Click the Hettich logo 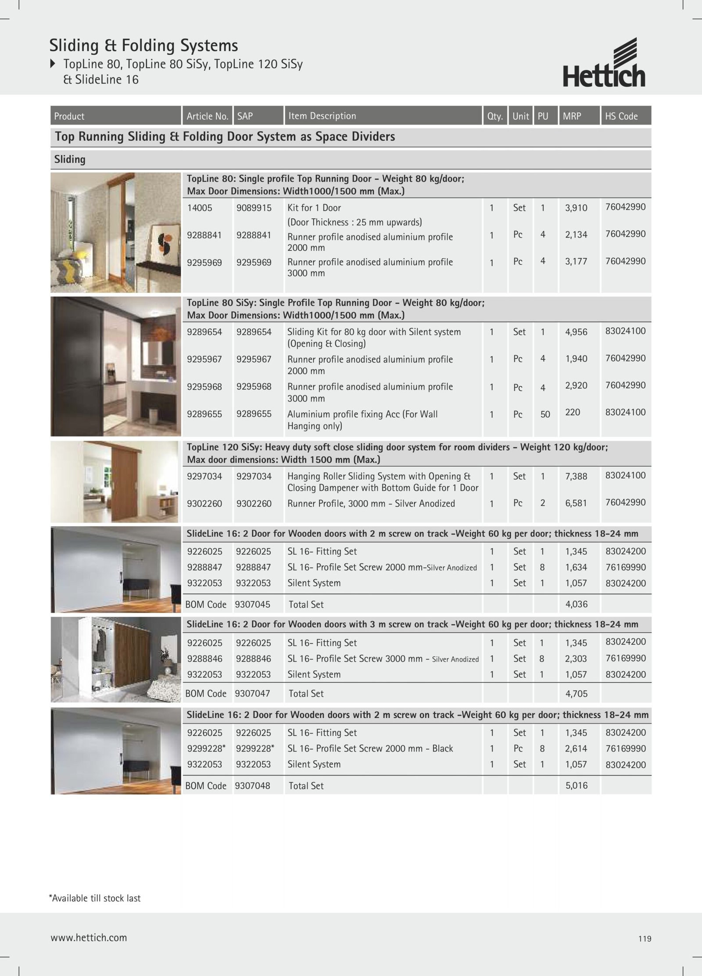604,63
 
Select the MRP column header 572,116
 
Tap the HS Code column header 621,116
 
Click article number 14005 200,208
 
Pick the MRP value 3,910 576,208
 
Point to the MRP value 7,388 576,476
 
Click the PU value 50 545,414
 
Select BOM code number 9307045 252,604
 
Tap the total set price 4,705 576,694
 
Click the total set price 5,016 576,785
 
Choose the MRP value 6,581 576,503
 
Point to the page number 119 645,939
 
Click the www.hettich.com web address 89,938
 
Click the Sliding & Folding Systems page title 143,46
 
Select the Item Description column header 322,116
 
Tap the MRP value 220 572,412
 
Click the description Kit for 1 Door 314,208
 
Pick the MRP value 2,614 576,748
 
